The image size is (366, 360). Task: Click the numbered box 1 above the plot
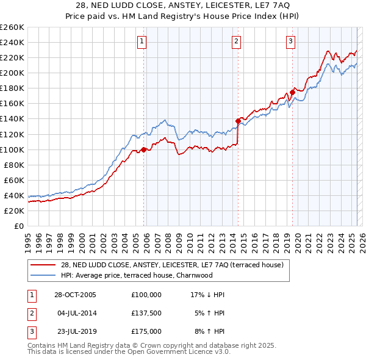[142, 41]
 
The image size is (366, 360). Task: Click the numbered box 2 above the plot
[236, 41]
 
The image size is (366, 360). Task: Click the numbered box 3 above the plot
[290, 41]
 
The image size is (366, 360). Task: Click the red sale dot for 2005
[144, 149]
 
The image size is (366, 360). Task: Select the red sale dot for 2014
[238, 121]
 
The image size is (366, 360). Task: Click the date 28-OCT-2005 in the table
[76, 295]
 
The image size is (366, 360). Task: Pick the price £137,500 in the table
[146, 313]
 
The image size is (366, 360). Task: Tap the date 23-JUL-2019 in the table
[76, 331]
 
